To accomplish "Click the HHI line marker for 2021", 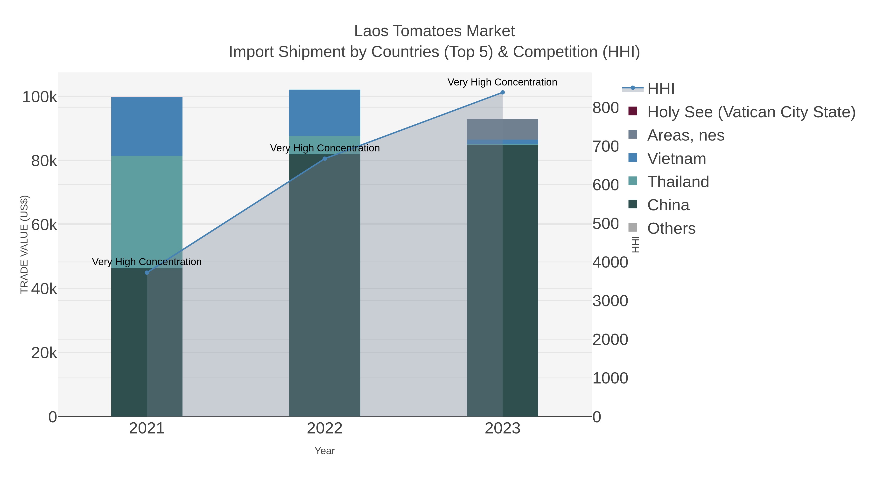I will click(x=147, y=273).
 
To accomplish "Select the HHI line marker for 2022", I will click(x=324, y=159).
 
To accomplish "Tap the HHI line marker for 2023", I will click(x=502, y=92).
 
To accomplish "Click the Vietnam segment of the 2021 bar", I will click(x=147, y=126).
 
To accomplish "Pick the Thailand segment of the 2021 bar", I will click(x=147, y=212).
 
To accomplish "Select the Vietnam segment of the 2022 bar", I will click(x=324, y=113).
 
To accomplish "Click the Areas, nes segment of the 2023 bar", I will click(x=502, y=129).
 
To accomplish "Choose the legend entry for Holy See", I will click(x=751, y=112).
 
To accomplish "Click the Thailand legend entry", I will click(x=678, y=182).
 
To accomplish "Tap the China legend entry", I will click(x=668, y=205).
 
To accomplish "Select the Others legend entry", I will click(x=671, y=228).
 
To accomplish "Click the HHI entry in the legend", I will click(x=660, y=89).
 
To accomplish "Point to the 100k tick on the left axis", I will click(x=40, y=97).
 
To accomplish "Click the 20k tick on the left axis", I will click(x=44, y=353).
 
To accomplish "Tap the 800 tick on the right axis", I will click(x=606, y=108).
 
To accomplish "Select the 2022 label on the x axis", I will click(x=324, y=429).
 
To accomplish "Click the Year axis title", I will click(x=324, y=451).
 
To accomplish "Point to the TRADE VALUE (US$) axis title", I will click(x=24, y=244).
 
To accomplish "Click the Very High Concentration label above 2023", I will click(x=502, y=82).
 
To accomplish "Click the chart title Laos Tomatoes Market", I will click(x=434, y=31).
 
